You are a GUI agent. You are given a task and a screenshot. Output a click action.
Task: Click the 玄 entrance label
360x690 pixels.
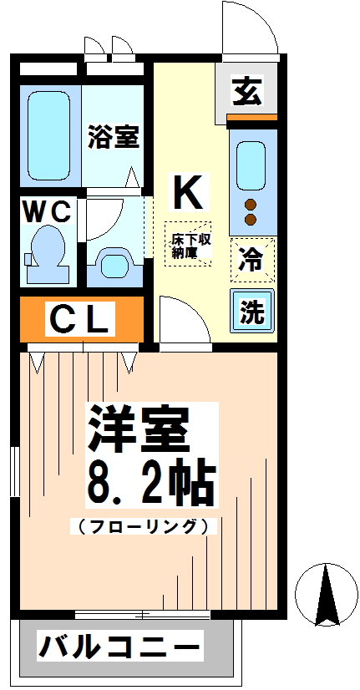pos(246,91)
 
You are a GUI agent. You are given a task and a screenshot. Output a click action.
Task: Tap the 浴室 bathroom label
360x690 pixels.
pos(114,137)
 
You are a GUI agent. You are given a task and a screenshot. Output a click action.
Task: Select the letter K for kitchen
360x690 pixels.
pos(187,193)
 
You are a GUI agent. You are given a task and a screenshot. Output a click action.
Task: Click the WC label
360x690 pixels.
pos(47,212)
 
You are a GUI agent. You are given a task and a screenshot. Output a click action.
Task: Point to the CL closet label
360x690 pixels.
pos(80,318)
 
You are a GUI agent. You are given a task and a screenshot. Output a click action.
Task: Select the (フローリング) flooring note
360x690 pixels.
pos(143,527)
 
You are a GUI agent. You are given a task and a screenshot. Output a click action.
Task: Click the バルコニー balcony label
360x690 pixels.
pos(120,647)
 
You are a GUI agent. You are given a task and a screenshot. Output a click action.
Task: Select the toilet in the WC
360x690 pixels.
pos(47,251)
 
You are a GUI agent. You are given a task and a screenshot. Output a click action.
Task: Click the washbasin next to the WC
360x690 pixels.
pos(114,263)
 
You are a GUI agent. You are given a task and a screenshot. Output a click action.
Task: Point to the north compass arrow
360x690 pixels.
pos(326,593)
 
